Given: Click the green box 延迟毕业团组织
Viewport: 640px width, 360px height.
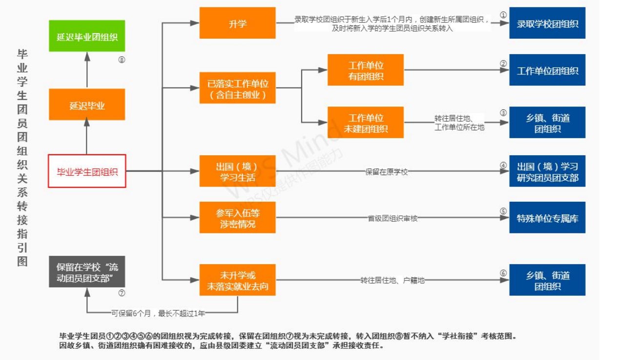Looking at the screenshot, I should pos(87,36).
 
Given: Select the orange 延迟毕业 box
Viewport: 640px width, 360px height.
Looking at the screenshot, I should pos(87,105).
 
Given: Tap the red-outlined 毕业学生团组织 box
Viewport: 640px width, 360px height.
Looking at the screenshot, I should pos(87,171).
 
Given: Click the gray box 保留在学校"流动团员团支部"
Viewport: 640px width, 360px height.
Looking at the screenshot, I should pos(87,272).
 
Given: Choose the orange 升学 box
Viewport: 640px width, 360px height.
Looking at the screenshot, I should pos(237,23).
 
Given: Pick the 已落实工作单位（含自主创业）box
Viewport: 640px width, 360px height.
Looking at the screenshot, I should pos(237,88).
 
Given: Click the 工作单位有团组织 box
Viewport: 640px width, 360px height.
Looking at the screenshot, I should pos(365,70).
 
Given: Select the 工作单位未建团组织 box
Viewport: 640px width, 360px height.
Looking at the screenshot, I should pos(365,123).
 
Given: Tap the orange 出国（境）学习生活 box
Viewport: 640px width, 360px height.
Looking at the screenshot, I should pos(237,171).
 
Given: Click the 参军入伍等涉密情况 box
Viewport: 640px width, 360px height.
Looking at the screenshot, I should pos(237,217).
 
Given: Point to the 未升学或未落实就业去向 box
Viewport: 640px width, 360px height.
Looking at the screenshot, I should pos(237,280).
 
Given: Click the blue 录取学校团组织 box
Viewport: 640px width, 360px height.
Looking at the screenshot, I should pos(547,23).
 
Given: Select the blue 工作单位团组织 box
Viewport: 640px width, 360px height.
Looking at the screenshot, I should pos(547,70).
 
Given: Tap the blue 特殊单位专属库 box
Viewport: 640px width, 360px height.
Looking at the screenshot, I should pos(547,218).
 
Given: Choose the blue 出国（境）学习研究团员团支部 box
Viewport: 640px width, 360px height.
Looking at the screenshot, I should pos(547,171).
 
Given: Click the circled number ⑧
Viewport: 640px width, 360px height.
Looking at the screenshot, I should pos(122,60).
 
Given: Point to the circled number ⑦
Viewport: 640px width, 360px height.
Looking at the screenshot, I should pos(122,294).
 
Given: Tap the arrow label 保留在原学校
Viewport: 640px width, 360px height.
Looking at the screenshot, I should pos(386,172).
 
